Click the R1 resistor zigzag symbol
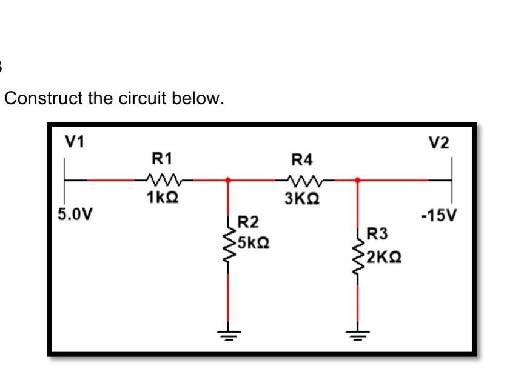point(163,179)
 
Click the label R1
point(162,159)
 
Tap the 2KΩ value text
point(382,258)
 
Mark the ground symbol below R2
point(228,334)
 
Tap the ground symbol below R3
point(357,334)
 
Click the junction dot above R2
point(228,179)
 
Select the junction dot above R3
point(357,179)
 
